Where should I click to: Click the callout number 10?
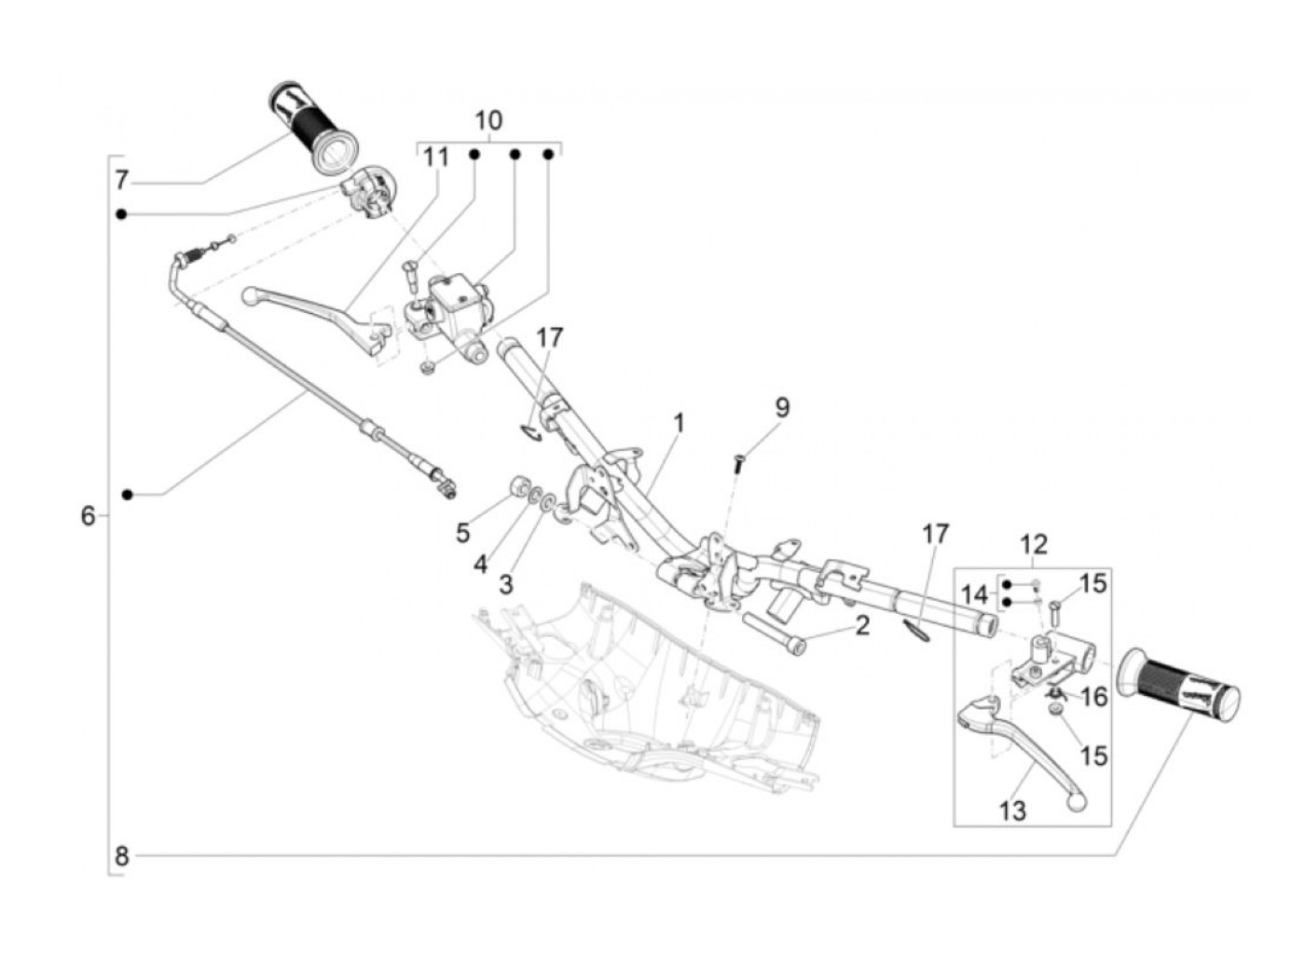click(488, 120)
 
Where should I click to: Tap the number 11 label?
click(435, 158)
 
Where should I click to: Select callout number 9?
click(782, 407)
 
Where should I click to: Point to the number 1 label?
click(679, 424)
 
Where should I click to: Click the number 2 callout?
click(861, 625)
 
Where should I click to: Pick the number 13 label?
click(1012, 810)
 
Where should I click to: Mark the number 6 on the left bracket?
click(88, 515)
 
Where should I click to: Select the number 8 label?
click(121, 856)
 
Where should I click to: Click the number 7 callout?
click(121, 180)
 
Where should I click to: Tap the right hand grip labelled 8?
click(1178, 686)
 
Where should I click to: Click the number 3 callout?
click(505, 584)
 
